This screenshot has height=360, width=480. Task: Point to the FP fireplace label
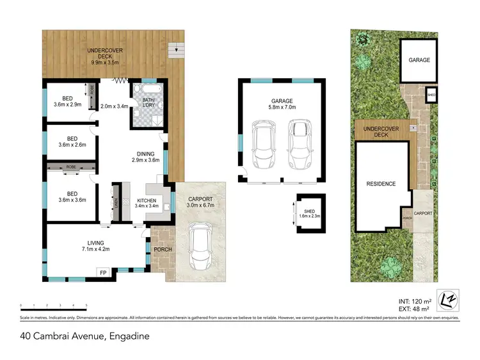coord(103,273)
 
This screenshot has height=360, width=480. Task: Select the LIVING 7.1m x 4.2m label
coord(95,246)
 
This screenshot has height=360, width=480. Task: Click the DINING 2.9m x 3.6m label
coord(145,156)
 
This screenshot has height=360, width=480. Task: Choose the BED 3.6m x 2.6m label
coord(72,142)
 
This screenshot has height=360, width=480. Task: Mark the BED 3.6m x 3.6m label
coord(72,196)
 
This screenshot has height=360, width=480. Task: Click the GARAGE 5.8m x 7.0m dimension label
coord(282,104)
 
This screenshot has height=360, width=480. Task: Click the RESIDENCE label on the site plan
coord(381,184)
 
